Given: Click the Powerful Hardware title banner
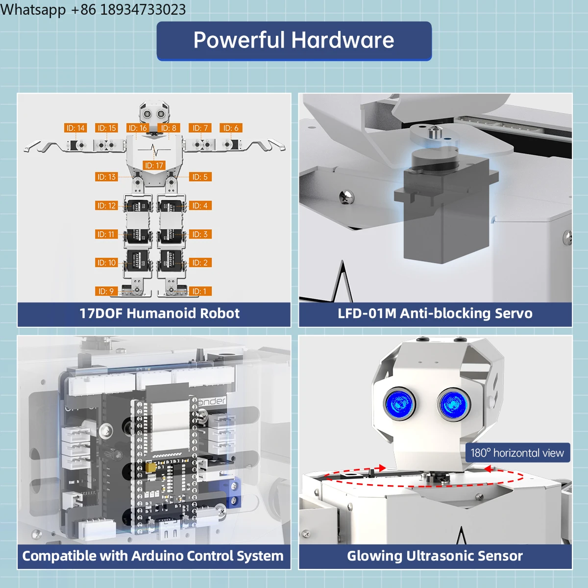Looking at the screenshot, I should [294, 41].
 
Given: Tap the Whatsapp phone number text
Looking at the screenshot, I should [93, 9].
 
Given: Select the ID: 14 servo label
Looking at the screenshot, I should [75, 128].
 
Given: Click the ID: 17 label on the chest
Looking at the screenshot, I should [154, 166].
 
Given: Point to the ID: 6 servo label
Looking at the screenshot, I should [231, 128].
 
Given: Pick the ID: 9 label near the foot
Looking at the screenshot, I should [106, 292].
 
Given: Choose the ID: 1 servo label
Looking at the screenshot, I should [200, 292].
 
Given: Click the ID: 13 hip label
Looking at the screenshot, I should [106, 177].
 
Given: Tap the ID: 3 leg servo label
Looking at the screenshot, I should [200, 234].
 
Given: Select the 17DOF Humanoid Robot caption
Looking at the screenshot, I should [159, 314].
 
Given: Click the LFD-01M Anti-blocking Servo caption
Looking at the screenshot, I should [435, 314].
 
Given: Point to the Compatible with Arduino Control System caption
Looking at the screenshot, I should [153, 556].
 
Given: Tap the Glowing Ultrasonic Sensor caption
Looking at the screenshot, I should [435, 556].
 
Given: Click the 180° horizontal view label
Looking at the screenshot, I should [517, 453].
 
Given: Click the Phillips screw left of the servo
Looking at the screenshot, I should [346, 197].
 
